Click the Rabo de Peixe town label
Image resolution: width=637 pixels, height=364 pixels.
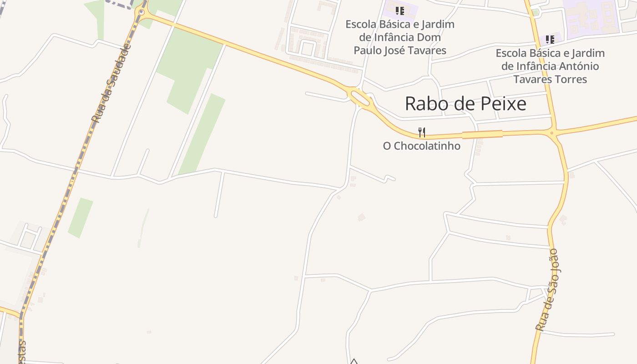pos(465,104)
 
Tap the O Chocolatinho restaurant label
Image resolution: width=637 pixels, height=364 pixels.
pos(421,146)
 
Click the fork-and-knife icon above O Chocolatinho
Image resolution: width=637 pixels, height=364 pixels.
pos(422,132)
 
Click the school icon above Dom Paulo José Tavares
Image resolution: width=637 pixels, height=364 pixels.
pos(399,10)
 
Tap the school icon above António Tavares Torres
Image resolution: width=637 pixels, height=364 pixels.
pos(550,40)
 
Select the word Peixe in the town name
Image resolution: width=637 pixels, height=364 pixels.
pos(505,104)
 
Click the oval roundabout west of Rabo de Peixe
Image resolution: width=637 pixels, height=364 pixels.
pos(360,97)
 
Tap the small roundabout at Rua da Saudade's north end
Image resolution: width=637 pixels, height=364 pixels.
pos(142,13)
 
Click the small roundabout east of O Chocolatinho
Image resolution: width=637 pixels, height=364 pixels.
pos(552,133)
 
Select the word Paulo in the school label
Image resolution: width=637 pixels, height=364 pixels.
pos(369,50)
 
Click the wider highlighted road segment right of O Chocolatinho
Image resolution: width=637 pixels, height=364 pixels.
pos(482,134)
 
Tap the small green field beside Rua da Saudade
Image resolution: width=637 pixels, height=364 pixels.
pos(80,217)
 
